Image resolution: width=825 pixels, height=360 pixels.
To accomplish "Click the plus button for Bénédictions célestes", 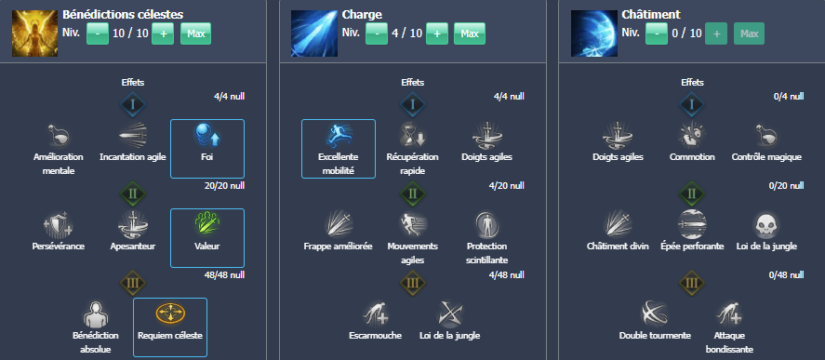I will click(163, 33).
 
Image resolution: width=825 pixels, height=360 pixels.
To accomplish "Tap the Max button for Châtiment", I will click(748, 33).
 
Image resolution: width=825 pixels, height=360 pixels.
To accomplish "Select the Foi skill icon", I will click(206, 136).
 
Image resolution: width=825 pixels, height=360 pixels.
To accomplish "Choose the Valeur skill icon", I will click(206, 225).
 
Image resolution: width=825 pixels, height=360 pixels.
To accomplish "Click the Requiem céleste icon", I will click(169, 313).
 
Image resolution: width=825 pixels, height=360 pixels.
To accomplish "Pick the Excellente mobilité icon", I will click(338, 136).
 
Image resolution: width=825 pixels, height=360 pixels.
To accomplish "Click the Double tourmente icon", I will click(655, 313).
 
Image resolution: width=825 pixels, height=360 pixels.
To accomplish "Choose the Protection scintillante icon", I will click(487, 225).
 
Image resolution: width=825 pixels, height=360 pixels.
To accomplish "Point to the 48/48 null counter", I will click(224, 275).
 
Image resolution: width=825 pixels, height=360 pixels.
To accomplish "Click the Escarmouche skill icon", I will click(375, 313).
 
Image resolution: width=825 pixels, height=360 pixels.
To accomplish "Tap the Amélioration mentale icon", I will click(58, 136).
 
